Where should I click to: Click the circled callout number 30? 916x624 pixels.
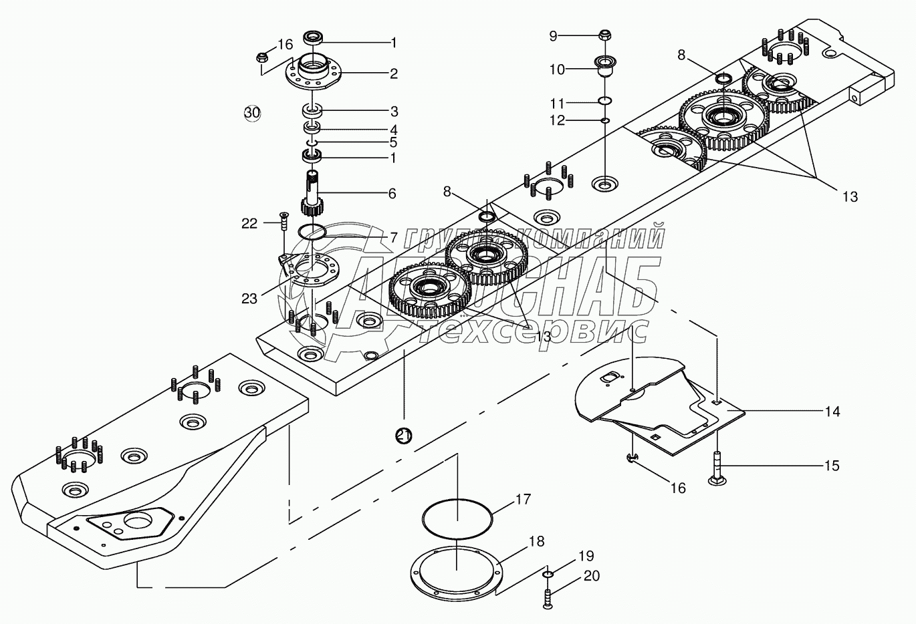(252, 113)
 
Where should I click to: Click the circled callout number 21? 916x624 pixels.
(403, 436)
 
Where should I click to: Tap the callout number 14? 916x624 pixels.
(832, 412)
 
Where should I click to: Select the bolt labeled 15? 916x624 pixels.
(716, 468)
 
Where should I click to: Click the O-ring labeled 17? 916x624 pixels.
(458, 517)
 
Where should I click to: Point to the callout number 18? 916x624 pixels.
(536, 540)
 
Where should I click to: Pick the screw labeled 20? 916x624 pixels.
(548, 599)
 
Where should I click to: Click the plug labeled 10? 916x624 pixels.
(606, 67)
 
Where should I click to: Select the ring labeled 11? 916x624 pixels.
(605, 101)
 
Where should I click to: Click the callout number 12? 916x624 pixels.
(557, 120)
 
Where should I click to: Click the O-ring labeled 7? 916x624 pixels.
(312, 232)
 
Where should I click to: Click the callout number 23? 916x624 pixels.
(249, 299)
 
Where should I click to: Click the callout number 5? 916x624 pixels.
(393, 142)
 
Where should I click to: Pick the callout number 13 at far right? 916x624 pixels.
(850, 196)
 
